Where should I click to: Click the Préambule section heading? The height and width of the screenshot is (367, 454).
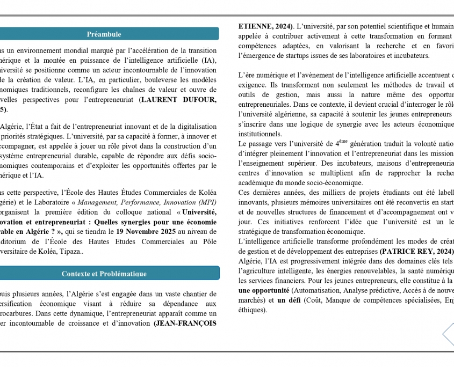click(x=104, y=34)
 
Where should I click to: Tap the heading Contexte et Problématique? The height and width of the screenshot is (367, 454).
click(x=104, y=274)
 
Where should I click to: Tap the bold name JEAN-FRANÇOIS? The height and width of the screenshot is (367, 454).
click(x=185, y=323)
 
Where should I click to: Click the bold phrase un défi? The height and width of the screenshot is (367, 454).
click(x=289, y=300)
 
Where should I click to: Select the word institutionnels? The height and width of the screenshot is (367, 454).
click(x=260, y=134)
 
